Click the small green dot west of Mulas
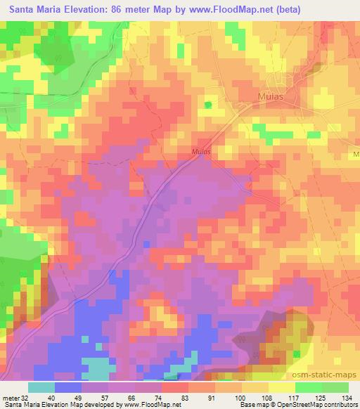(x=207, y=105)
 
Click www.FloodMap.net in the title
(x=256, y=9)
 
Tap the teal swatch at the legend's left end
(x=41, y=387)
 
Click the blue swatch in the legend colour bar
(x=68, y=387)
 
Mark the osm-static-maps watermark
(x=330, y=375)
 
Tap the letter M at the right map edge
(x=356, y=153)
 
